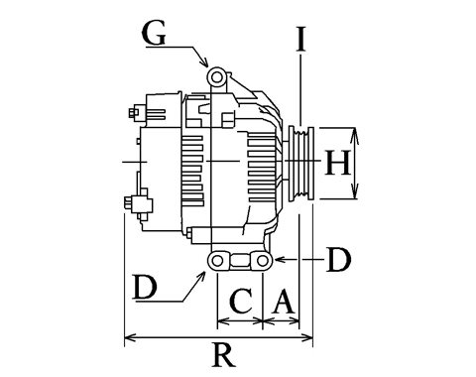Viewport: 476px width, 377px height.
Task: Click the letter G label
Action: pyautogui.click(x=154, y=34)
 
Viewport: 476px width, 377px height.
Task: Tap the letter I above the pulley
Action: pyautogui.click(x=300, y=40)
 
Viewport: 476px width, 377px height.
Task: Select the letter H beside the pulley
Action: pyautogui.click(x=337, y=163)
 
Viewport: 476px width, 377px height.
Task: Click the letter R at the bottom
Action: pyautogui.click(x=224, y=355)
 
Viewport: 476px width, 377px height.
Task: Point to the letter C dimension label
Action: pyautogui.click(x=241, y=301)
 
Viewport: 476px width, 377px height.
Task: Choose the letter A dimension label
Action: pyautogui.click(x=284, y=301)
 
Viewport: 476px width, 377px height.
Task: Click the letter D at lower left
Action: pyautogui.click(x=145, y=288)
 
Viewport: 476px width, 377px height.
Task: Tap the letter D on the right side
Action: pyautogui.click(x=338, y=260)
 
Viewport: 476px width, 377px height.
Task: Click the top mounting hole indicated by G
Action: pyautogui.click(x=217, y=77)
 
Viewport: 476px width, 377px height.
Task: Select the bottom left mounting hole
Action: pyautogui.click(x=217, y=261)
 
